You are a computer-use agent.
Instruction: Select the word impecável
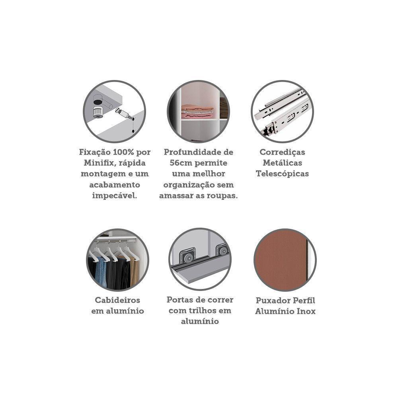(115, 196)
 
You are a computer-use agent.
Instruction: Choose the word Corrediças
(282, 152)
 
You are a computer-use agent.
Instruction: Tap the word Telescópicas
(282, 174)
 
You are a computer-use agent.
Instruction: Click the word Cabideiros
(117, 300)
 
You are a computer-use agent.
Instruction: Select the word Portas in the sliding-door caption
(178, 300)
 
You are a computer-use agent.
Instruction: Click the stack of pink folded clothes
(197, 111)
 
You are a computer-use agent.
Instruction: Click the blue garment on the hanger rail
(101, 271)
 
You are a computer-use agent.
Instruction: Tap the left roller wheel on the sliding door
(187, 258)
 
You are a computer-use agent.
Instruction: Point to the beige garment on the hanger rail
(135, 271)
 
